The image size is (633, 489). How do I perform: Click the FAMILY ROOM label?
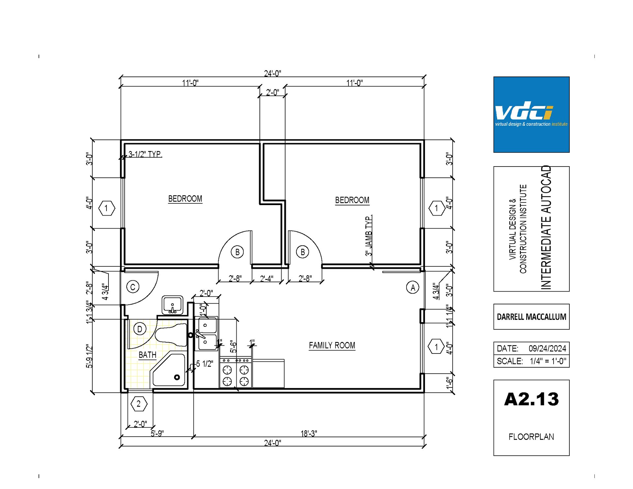click(332, 345)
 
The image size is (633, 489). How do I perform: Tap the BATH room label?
click(147, 355)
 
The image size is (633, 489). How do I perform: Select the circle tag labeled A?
click(412, 288)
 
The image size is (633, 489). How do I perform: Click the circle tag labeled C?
click(133, 287)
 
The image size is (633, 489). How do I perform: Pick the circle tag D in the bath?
click(140, 329)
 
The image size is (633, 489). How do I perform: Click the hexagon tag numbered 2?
click(138, 404)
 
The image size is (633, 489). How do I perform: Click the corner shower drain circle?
click(177, 377)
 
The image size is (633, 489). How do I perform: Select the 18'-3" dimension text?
click(309, 433)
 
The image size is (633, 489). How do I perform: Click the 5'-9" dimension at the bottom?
click(157, 433)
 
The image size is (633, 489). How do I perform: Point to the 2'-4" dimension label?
click(266, 279)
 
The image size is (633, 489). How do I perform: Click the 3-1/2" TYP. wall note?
click(145, 154)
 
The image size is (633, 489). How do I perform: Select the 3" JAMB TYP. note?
click(369, 235)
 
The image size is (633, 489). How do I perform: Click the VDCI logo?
click(531, 114)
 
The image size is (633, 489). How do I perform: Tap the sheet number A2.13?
click(531, 399)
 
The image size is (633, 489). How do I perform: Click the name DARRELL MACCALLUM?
click(531, 317)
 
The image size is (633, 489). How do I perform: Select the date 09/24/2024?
click(547, 349)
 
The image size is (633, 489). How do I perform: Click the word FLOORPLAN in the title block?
click(531, 437)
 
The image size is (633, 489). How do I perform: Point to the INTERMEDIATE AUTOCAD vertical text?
click(546, 228)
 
